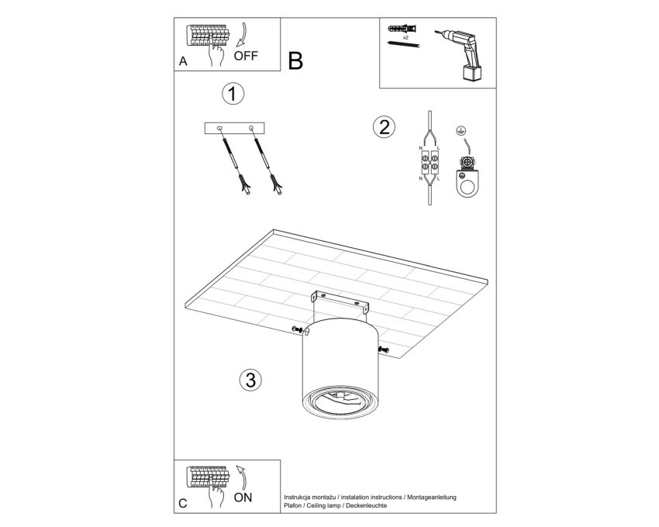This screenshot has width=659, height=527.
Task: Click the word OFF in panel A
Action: pyautogui.click(x=246, y=56)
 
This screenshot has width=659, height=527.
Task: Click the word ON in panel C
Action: pyautogui.click(x=243, y=498)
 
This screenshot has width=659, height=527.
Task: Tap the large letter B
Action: pyautogui.click(x=295, y=61)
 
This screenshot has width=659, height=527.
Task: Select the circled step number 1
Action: pyautogui.click(x=233, y=93)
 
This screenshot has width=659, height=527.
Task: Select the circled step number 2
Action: pyautogui.click(x=384, y=126)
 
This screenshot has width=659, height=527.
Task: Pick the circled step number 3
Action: pyautogui.click(x=250, y=380)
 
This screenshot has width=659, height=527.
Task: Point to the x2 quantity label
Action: pyautogui.click(x=405, y=37)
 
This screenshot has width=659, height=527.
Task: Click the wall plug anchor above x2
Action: pyautogui.click(x=402, y=29)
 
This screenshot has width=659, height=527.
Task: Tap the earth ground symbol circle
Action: pyautogui.click(x=461, y=131)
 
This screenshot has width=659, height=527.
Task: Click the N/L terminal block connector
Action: pyautogui.click(x=430, y=164)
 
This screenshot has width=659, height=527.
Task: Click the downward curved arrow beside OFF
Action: pyautogui.click(x=241, y=34)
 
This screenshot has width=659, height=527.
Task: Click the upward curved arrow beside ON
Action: pyautogui.click(x=242, y=477)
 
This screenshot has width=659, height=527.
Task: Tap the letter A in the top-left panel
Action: pyautogui.click(x=183, y=61)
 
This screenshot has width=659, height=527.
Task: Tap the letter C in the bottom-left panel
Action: pyautogui.click(x=182, y=504)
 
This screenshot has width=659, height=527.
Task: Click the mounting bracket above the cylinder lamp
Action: pyautogui.click(x=340, y=301)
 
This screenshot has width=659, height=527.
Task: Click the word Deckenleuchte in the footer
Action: pyautogui.click(x=366, y=505)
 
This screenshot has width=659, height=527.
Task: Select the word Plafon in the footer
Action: pyautogui.click(x=292, y=505)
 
